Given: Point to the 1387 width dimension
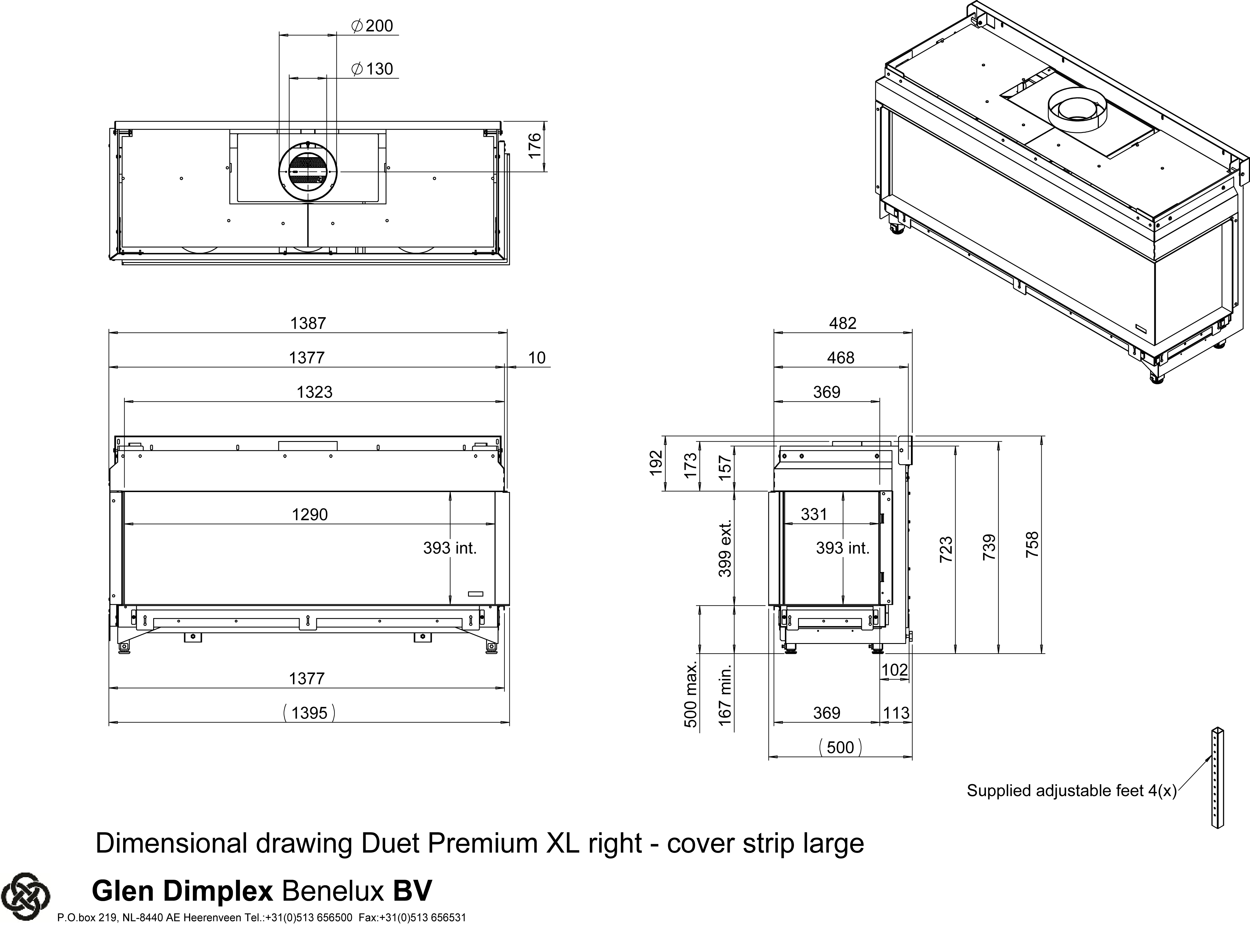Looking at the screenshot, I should coord(308,323).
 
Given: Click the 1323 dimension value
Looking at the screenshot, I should coord(315,392).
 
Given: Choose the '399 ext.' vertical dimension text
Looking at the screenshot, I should coord(725,548).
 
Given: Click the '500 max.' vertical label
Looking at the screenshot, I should coord(691,694).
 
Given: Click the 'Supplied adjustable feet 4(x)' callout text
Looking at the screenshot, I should coord(1071,791).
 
